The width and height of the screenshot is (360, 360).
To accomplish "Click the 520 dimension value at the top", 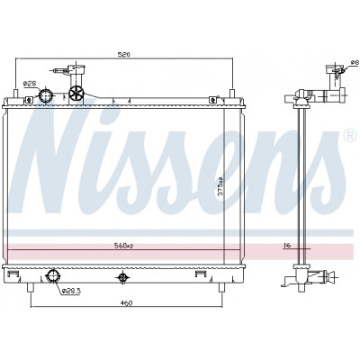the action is (123, 54).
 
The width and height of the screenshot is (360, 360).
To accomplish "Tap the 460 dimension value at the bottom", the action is (126, 303).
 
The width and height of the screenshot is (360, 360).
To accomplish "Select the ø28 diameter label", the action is (30, 84).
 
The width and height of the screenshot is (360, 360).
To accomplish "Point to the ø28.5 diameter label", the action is (71, 291).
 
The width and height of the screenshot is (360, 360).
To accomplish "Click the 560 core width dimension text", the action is (123, 246).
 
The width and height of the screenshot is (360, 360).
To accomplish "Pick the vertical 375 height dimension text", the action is (220, 186).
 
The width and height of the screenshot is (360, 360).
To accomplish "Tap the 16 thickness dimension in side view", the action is (287, 246).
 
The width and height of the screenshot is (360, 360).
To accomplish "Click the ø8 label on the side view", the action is (355, 62).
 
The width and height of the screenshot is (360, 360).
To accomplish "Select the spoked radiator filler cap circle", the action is (76, 94).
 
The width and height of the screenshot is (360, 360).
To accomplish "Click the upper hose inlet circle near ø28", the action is (46, 95).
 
